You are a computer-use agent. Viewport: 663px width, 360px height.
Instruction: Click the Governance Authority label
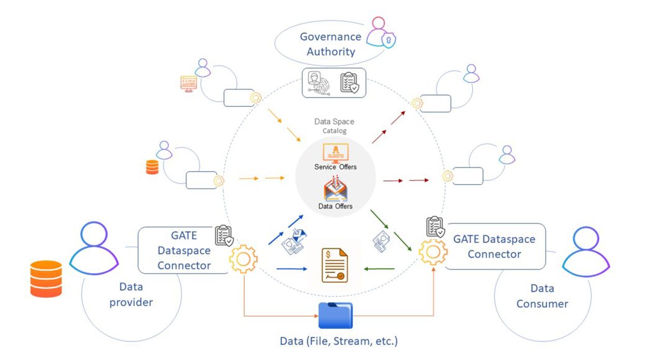(x=330, y=44)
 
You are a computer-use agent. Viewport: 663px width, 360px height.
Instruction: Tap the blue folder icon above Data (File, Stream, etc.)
(x=335, y=315)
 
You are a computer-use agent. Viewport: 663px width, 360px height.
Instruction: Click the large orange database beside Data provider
(x=46, y=279)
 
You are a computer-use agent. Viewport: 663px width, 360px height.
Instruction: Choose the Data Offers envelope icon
(x=335, y=189)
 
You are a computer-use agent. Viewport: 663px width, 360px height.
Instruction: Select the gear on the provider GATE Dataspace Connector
(x=243, y=260)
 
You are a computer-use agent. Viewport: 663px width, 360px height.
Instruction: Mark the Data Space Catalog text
(x=334, y=126)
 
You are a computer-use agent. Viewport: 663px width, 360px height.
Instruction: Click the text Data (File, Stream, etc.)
(x=338, y=341)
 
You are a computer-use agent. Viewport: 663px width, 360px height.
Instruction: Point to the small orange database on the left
(x=152, y=167)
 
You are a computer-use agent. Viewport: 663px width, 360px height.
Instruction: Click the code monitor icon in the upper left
(x=189, y=83)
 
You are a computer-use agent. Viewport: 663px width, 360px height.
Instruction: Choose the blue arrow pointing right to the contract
(x=292, y=269)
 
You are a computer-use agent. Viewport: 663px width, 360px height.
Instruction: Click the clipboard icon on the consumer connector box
(x=435, y=227)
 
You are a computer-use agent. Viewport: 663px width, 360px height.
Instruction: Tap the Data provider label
(x=131, y=294)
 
